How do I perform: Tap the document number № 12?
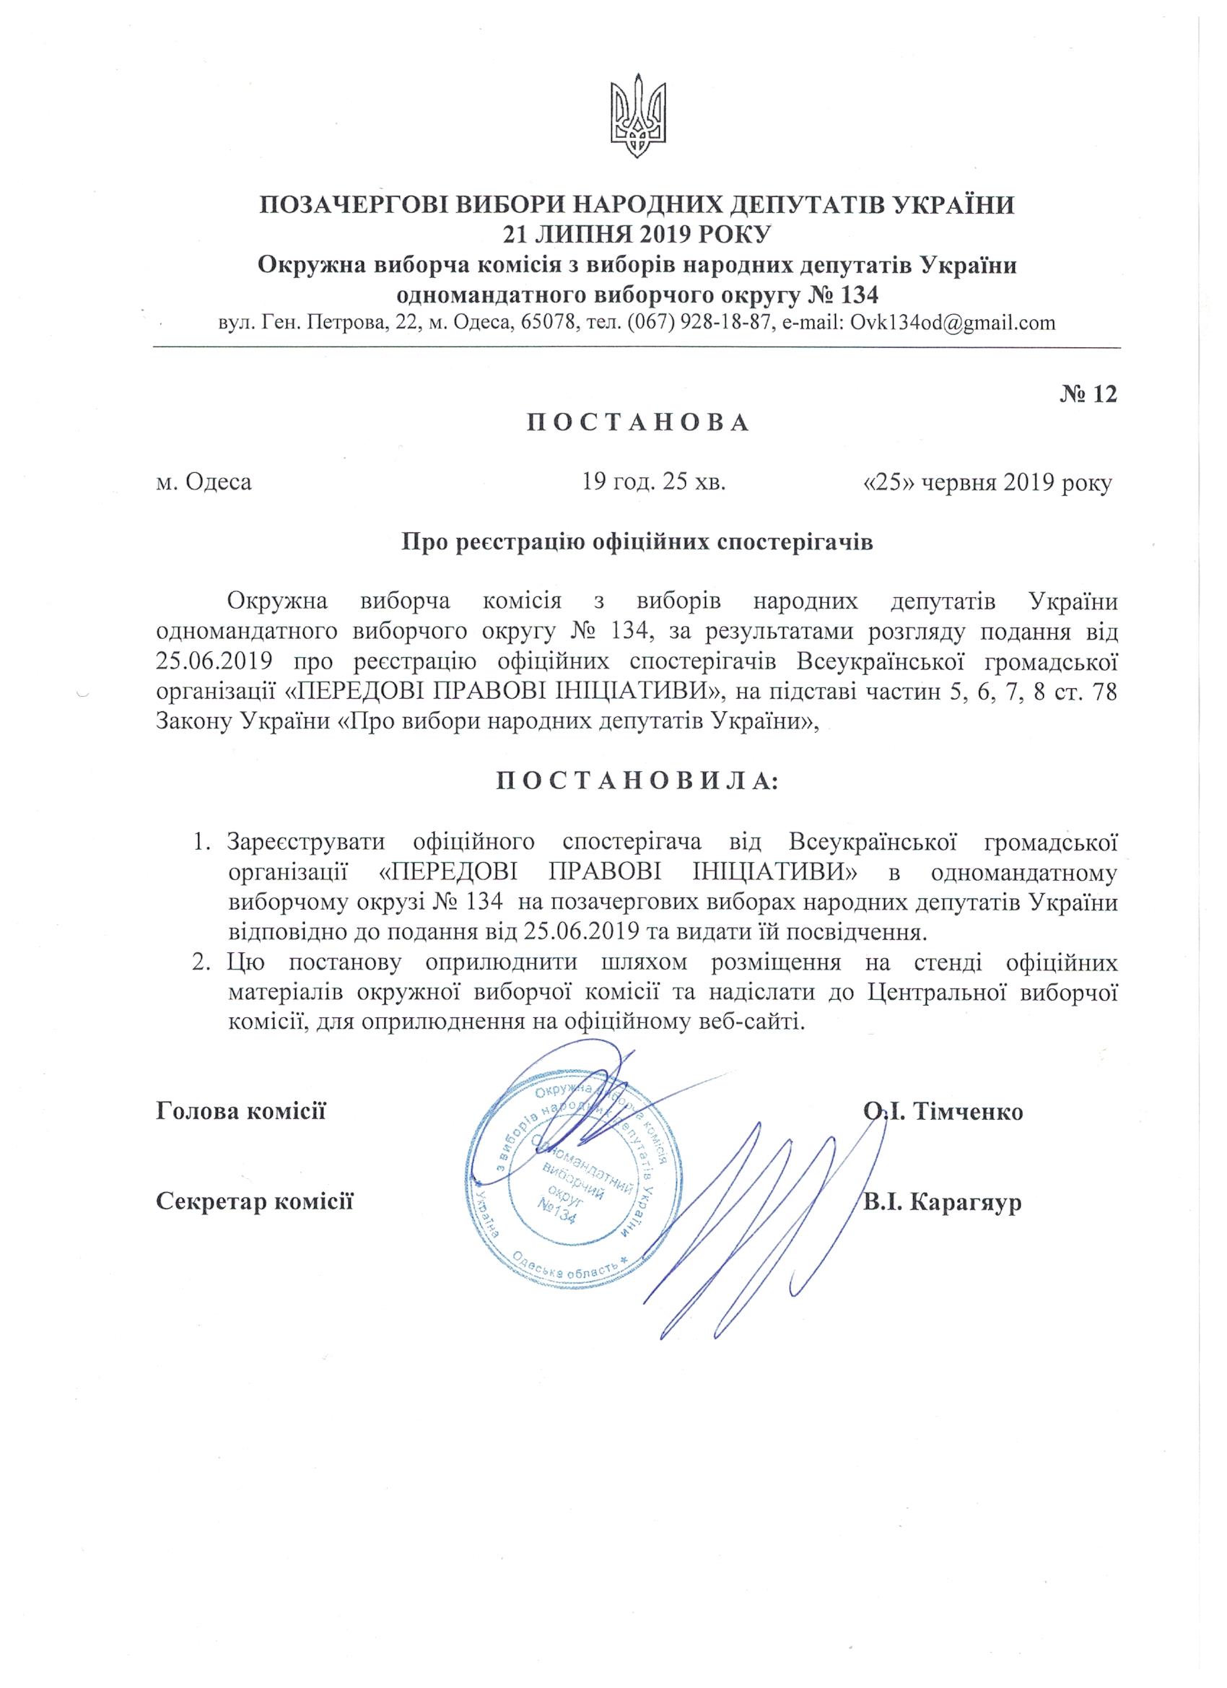tap(1088, 394)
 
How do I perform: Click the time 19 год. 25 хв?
tap(654, 483)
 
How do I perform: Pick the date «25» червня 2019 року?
tap(987, 483)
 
